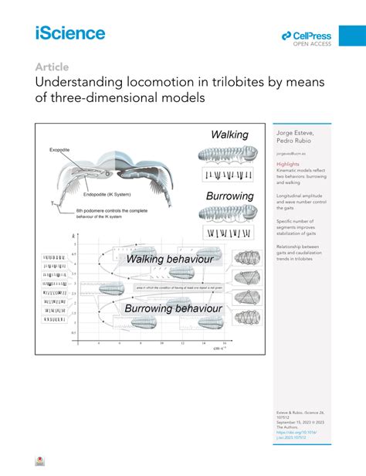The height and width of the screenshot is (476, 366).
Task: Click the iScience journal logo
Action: (x=69, y=32)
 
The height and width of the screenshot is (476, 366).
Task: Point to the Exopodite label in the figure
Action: (x=60, y=149)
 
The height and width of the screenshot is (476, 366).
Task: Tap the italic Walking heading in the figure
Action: (x=229, y=135)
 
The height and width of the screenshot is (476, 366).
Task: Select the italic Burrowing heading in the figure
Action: (x=230, y=195)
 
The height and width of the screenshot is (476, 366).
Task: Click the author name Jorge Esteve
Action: (x=294, y=134)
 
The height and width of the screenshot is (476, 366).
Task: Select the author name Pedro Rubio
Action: (x=291, y=142)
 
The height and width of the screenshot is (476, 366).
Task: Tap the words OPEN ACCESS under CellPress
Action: (x=311, y=44)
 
